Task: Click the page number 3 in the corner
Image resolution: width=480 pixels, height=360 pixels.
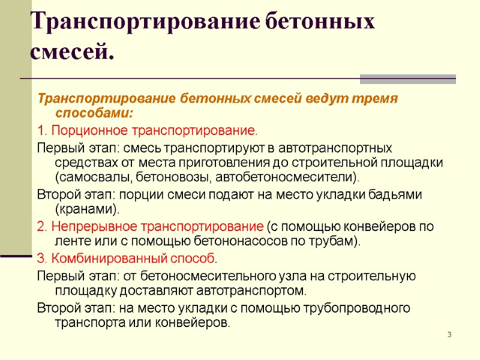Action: [449, 334]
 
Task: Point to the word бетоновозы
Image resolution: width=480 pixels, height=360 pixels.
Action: [173, 178]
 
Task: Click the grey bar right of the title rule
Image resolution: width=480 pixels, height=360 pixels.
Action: [408, 79]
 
